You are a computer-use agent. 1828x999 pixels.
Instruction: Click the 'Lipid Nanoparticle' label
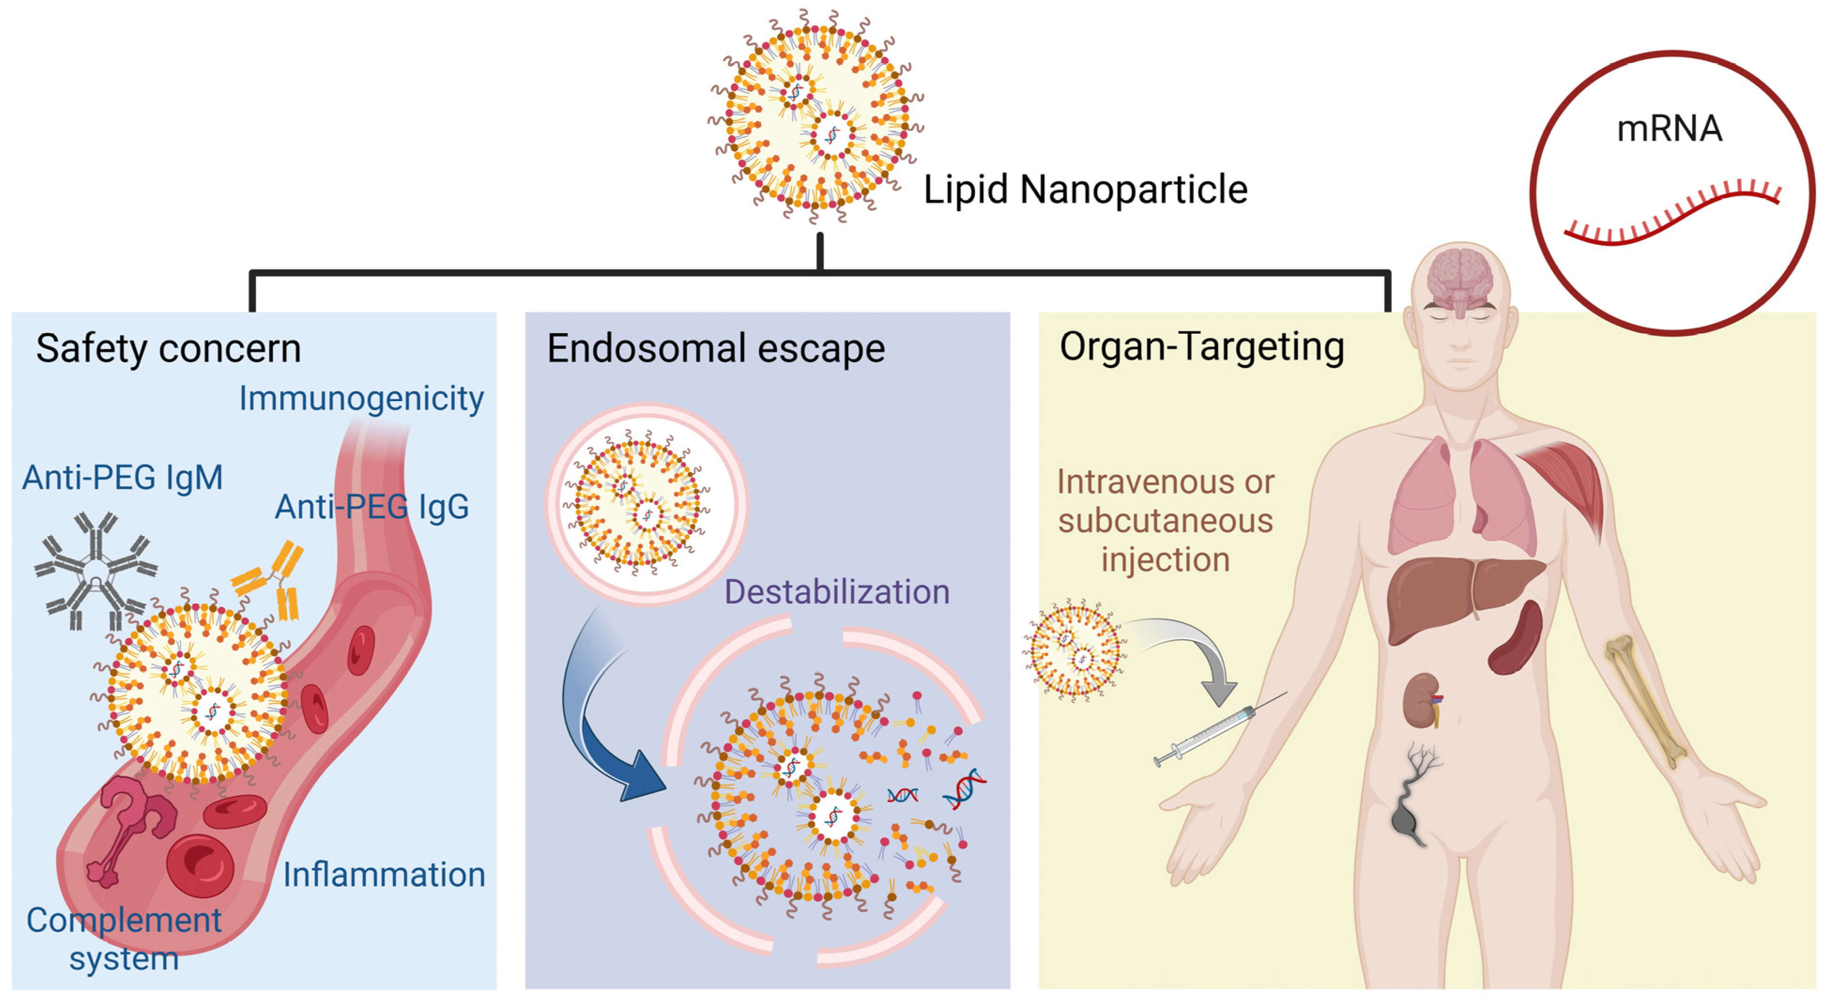(1085, 190)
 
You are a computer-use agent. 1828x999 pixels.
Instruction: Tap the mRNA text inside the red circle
(1668, 129)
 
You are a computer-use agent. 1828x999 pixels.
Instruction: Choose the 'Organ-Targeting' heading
(1201, 348)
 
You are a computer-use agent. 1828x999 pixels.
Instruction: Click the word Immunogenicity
(361, 399)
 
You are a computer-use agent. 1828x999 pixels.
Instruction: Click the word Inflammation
(384, 874)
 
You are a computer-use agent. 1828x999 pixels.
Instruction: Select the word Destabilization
(837, 592)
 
